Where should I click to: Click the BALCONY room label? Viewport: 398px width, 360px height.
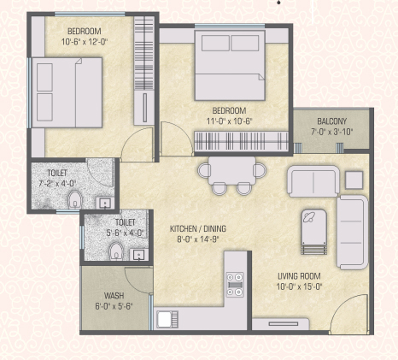click(x=331, y=121)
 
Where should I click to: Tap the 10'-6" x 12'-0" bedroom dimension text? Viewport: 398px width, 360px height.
click(x=85, y=42)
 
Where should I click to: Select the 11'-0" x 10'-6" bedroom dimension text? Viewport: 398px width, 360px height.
click(x=230, y=121)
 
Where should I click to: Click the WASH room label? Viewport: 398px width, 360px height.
click(x=114, y=296)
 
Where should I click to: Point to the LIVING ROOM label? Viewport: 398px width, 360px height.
click(x=299, y=276)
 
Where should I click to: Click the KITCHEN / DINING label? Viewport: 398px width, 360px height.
click(x=198, y=228)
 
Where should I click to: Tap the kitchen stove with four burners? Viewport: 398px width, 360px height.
click(x=235, y=285)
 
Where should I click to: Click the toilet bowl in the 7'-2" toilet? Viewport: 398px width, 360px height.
click(x=75, y=199)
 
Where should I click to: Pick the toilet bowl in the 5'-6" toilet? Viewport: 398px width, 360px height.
click(x=116, y=251)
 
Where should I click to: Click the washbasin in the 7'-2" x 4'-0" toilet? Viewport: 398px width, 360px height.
click(x=105, y=204)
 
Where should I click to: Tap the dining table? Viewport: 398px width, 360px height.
click(x=231, y=171)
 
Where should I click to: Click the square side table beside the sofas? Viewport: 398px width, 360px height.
click(x=354, y=180)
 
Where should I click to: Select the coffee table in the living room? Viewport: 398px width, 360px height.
click(x=313, y=231)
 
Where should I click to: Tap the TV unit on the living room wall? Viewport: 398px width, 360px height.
click(x=281, y=324)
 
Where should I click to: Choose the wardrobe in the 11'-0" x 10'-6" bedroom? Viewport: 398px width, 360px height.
click(x=241, y=141)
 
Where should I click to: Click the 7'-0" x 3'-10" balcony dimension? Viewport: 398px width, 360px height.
click(x=331, y=132)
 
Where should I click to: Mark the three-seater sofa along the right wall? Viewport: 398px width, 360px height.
click(x=352, y=233)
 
